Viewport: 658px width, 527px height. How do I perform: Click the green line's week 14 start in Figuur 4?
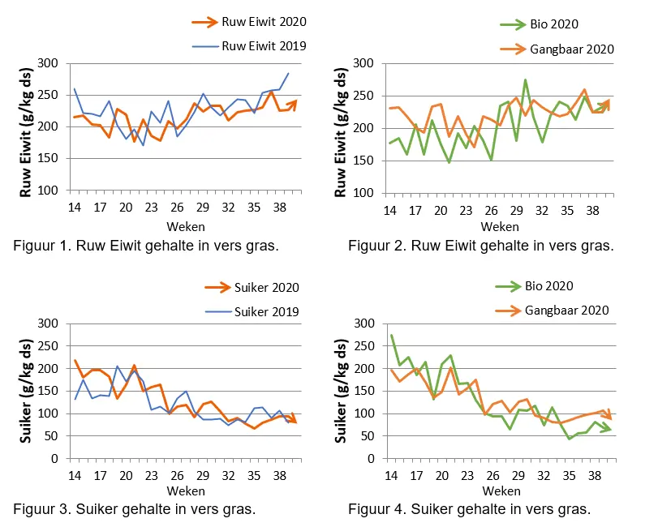click(391, 335)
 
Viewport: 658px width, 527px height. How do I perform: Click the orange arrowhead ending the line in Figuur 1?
click(294, 103)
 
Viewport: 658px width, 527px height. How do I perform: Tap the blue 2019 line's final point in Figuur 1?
click(288, 74)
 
